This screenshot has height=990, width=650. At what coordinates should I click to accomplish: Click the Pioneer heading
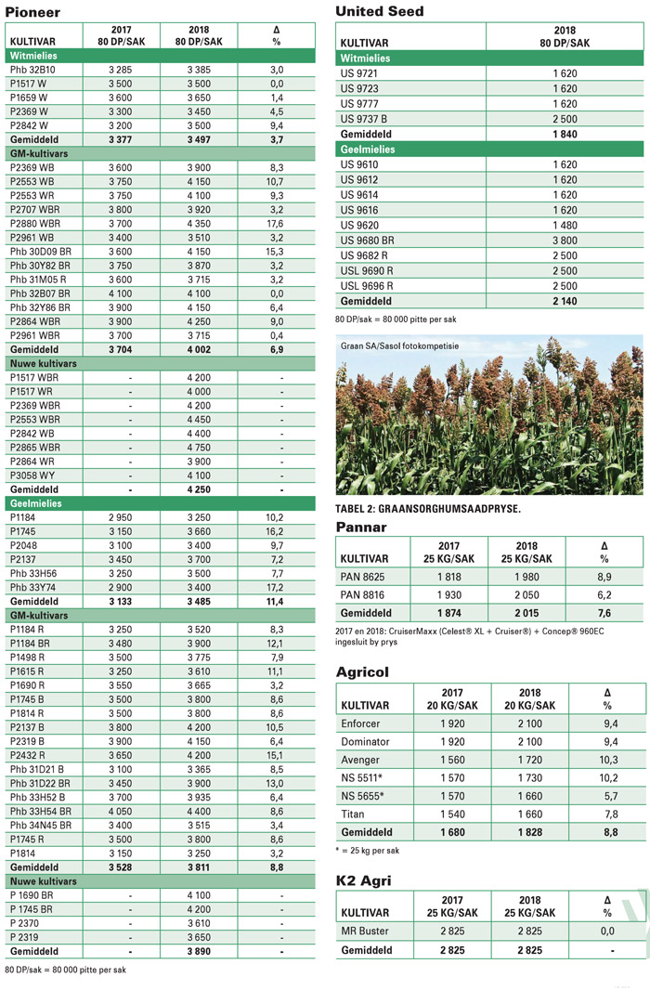32,12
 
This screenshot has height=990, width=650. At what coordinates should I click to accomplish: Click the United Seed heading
379,11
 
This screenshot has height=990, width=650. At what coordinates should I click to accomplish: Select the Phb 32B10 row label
32,70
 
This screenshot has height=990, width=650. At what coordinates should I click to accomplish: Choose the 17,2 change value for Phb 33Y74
276,587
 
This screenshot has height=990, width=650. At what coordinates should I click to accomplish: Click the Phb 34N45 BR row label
40,824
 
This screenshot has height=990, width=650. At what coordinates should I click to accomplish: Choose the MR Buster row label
366,930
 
